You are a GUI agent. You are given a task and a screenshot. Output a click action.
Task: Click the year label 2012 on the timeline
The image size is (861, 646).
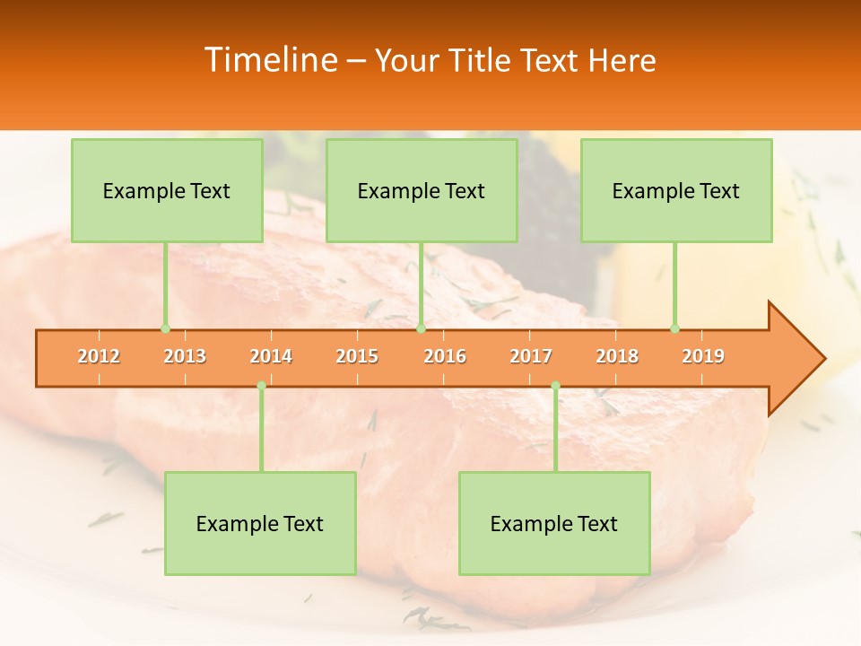[99, 356]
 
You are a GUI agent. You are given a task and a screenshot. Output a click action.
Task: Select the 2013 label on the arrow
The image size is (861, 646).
[185, 356]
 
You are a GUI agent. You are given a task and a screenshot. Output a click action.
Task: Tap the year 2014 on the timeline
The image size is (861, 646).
[271, 356]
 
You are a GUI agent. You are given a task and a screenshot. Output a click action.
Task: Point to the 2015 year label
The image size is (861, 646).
[357, 356]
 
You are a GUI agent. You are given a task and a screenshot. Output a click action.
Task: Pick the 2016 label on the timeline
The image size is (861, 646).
[445, 356]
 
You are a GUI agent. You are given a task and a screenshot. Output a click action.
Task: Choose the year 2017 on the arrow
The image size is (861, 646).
[531, 356]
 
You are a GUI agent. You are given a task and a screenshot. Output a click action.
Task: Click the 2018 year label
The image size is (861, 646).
[617, 356]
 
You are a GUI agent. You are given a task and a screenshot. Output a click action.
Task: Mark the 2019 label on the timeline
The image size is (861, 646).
[703, 356]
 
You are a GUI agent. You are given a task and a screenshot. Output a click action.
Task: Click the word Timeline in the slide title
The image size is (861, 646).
[270, 60]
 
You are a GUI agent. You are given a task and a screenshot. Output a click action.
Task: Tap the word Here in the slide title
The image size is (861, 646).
[622, 60]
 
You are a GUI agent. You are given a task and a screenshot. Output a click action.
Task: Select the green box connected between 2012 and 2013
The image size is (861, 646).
[167, 190]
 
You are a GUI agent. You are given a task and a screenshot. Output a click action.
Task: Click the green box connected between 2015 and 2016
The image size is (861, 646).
[422, 190]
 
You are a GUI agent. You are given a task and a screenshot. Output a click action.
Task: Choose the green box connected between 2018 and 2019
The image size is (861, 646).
[676, 190]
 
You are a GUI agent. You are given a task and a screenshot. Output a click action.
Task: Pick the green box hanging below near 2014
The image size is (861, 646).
[260, 523]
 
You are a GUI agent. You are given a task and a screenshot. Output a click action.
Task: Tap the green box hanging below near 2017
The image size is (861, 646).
[554, 523]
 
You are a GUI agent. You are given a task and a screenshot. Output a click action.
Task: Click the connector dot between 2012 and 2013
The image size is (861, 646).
[165, 328]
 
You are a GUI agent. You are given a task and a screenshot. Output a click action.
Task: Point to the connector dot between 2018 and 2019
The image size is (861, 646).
[674, 328]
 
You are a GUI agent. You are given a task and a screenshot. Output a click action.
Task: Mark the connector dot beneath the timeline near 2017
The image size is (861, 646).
[555, 386]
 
